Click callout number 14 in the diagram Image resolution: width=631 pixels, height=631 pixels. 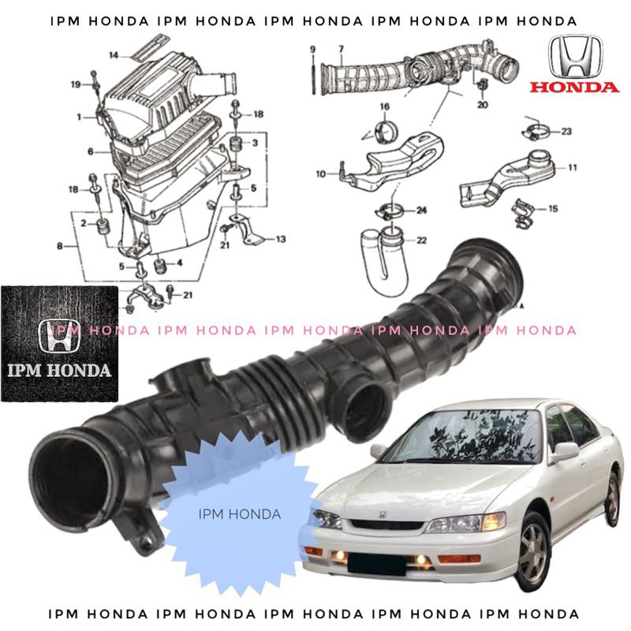pyautogui.click(x=114, y=54)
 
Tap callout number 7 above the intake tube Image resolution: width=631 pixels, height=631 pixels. pyautogui.click(x=341, y=50)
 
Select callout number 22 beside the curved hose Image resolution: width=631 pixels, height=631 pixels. pyautogui.click(x=422, y=240)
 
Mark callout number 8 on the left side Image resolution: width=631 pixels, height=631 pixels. pyautogui.click(x=59, y=247)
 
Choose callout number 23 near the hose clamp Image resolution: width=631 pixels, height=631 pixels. pyautogui.click(x=566, y=132)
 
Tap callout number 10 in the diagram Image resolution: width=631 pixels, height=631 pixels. pyautogui.click(x=321, y=174)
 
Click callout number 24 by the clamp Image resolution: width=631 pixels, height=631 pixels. pyautogui.click(x=421, y=210)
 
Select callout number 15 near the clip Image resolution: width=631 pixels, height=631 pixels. pyautogui.click(x=553, y=208)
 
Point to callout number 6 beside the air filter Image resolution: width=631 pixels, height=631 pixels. pyautogui.click(x=91, y=151)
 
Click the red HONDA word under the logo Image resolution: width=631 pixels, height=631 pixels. pyautogui.click(x=574, y=87)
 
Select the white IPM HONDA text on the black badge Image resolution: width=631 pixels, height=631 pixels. pyautogui.click(x=60, y=369)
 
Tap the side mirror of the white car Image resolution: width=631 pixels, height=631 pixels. pyautogui.click(x=565, y=451)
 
